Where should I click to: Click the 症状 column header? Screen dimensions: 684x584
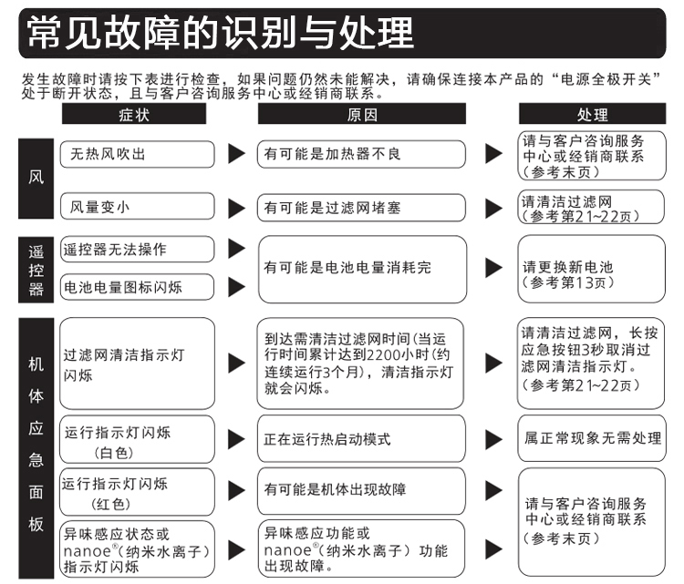tap(134, 114)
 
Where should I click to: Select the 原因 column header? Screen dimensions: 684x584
tap(362, 114)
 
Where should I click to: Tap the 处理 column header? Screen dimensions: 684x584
tap(592, 114)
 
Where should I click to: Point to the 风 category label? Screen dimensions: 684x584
tap(36, 179)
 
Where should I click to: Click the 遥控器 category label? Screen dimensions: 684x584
tap(36, 270)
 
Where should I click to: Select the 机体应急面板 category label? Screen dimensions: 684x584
tap(36, 448)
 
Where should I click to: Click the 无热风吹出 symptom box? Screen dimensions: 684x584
tap(137, 154)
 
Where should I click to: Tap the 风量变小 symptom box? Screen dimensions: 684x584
tap(137, 206)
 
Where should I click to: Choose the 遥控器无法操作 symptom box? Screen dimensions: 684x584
tap(137, 250)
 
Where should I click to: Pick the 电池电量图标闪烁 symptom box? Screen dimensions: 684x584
tap(137, 287)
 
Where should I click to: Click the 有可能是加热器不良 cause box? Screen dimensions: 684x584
tap(362, 154)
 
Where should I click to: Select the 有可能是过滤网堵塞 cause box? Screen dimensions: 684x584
tap(362, 208)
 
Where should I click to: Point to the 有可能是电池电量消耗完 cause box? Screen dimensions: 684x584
tap(362, 270)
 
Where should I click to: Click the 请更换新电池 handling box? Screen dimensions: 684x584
tap(592, 269)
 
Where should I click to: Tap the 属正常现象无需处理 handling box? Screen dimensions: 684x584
tap(592, 438)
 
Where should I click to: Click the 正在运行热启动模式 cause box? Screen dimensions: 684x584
tap(362, 439)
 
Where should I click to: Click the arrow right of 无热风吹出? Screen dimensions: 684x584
tap(237, 154)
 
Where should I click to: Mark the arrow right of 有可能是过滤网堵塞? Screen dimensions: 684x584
tap(493, 208)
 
